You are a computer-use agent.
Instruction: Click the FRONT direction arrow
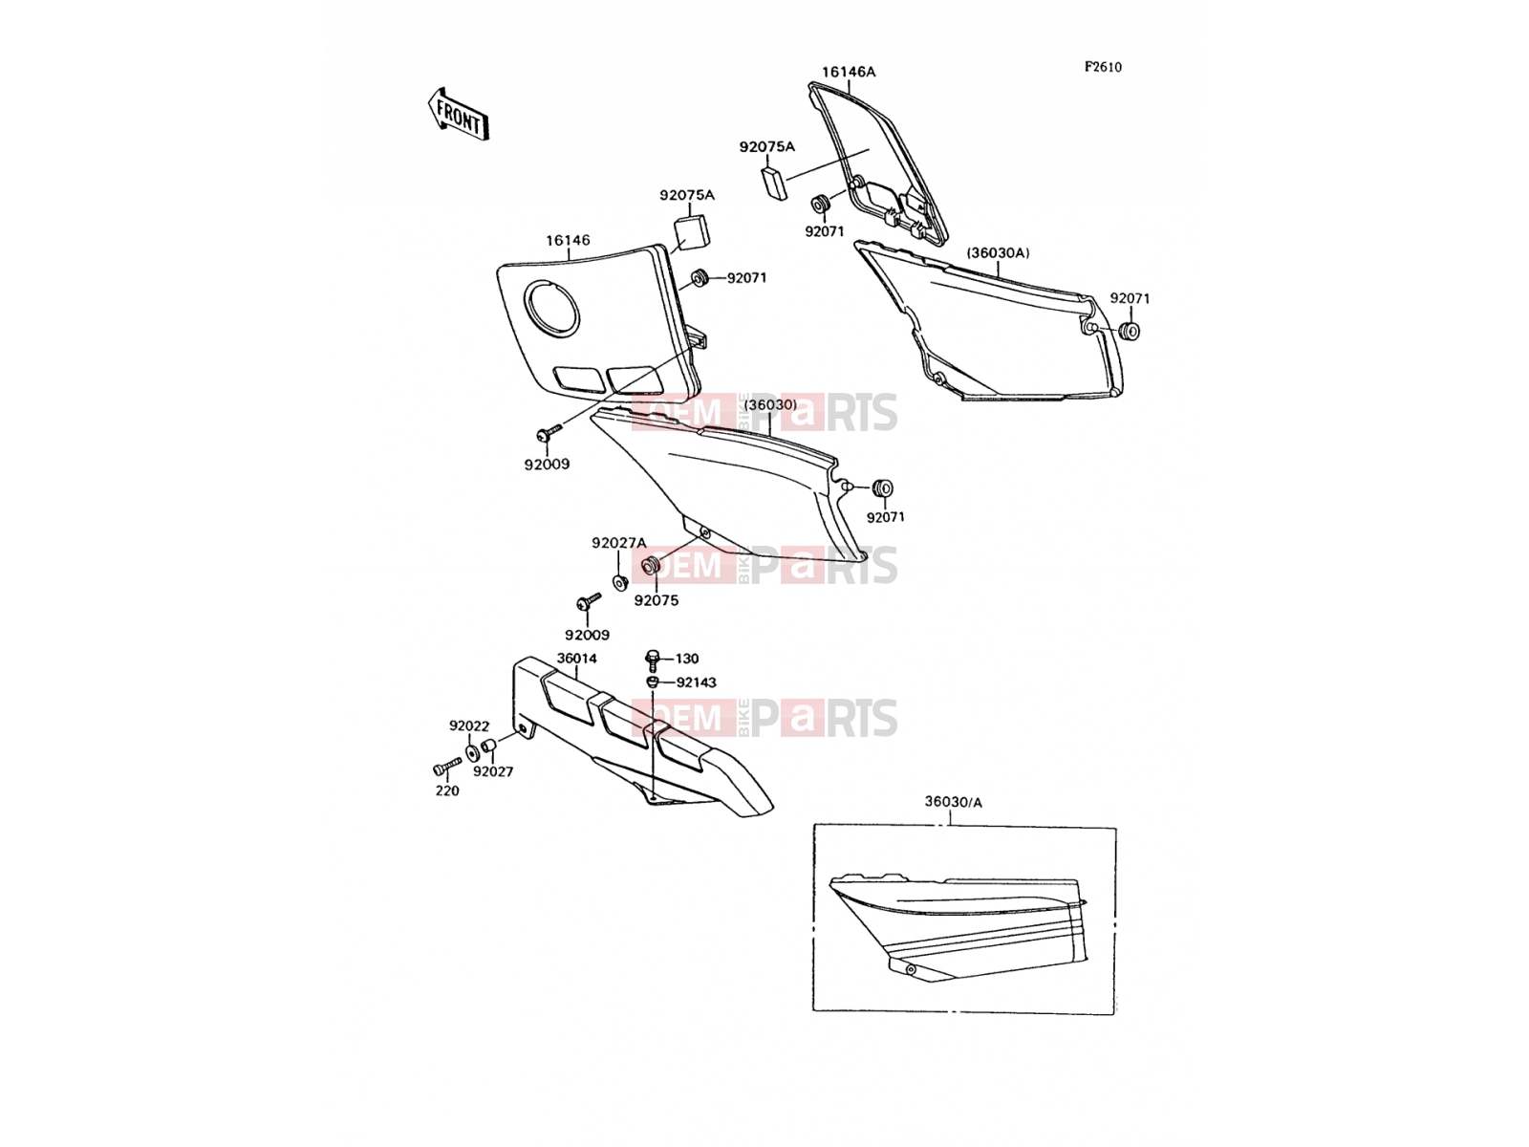tap(458, 115)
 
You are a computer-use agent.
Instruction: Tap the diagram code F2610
tap(1103, 67)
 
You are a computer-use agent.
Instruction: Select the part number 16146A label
tap(849, 72)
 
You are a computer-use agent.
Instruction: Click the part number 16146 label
tap(568, 240)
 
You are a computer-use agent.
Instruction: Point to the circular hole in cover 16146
tap(551, 309)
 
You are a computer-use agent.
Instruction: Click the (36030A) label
tap(998, 252)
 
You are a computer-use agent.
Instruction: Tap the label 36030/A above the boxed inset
tap(953, 802)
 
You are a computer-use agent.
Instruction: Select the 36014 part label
tap(577, 659)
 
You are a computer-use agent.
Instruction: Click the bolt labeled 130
tap(653, 660)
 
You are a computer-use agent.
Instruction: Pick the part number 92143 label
tap(696, 682)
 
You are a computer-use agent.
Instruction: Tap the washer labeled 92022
tap(472, 752)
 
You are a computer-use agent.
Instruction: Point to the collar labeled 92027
tap(489, 748)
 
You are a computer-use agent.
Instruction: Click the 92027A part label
tap(618, 543)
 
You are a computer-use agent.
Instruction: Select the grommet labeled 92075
tap(650, 566)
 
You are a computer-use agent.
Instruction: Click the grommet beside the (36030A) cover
tap(1130, 331)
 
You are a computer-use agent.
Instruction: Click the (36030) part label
tap(769, 404)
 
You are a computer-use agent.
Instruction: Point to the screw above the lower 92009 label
tap(589, 602)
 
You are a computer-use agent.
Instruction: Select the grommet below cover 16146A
tap(820, 206)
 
